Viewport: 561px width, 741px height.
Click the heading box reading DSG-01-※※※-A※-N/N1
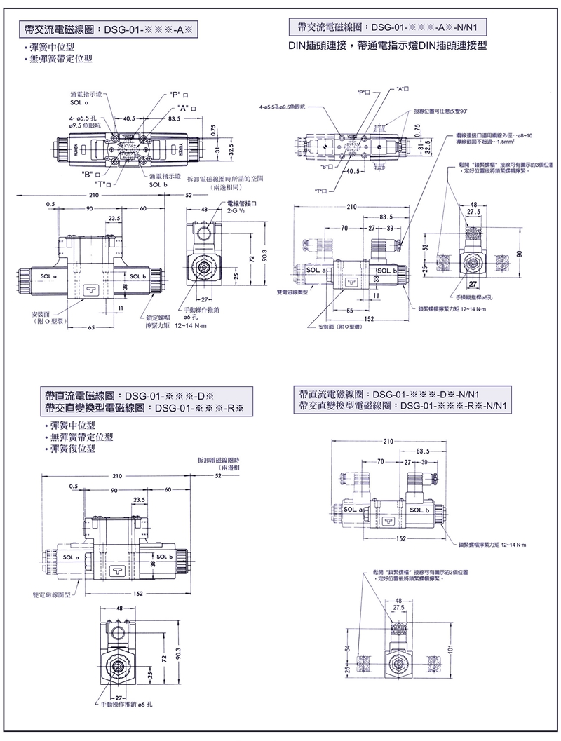click(389, 28)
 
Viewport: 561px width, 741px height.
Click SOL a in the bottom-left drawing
click(71, 557)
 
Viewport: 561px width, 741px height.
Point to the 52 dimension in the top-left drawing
click(189, 195)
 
